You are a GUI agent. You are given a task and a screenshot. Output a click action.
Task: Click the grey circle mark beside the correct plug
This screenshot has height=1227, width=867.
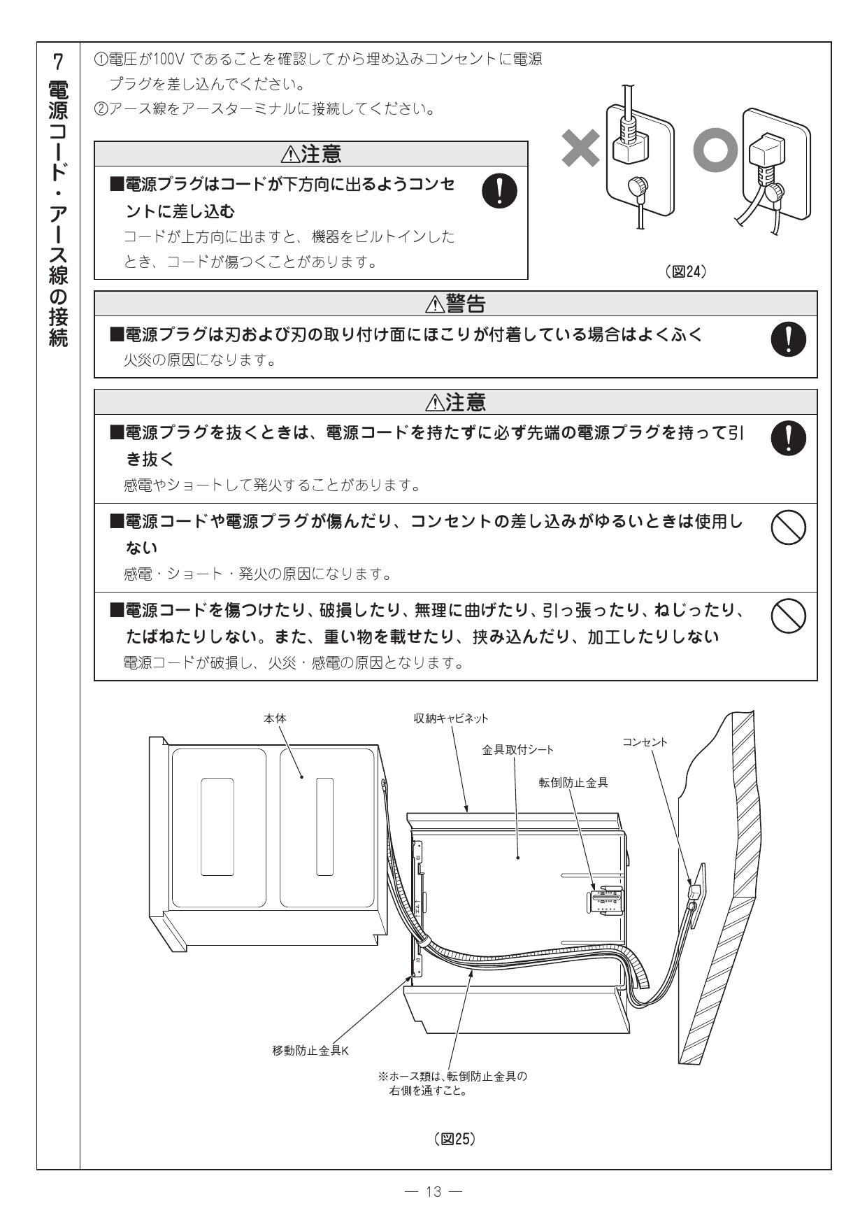tap(715, 151)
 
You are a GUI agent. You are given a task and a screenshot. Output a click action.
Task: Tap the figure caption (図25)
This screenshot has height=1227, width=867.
tap(454, 1140)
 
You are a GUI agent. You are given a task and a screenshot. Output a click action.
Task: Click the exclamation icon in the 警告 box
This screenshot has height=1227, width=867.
tap(788, 339)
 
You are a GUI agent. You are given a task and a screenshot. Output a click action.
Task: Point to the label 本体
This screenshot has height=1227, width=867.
tap(275, 718)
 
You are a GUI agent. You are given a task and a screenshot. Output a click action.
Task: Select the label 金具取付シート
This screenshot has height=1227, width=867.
tap(517, 750)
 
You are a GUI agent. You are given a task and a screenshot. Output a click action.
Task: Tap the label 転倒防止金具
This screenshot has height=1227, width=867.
tap(573, 783)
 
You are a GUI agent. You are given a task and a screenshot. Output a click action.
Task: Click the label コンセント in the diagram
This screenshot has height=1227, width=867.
tap(645, 742)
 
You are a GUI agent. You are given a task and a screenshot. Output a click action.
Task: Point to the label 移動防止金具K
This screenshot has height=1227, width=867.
tap(310, 1051)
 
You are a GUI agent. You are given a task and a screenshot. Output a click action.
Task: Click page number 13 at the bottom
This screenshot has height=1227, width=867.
tap(434, 1192)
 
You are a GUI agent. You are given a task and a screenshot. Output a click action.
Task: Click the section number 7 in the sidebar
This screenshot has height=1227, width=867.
tap(58, 62)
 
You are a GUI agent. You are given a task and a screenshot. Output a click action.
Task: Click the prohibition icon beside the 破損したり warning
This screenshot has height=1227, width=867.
tap(788, 616)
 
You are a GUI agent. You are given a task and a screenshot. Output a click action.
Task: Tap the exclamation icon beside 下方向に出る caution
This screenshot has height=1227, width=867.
tap(500, 191)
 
